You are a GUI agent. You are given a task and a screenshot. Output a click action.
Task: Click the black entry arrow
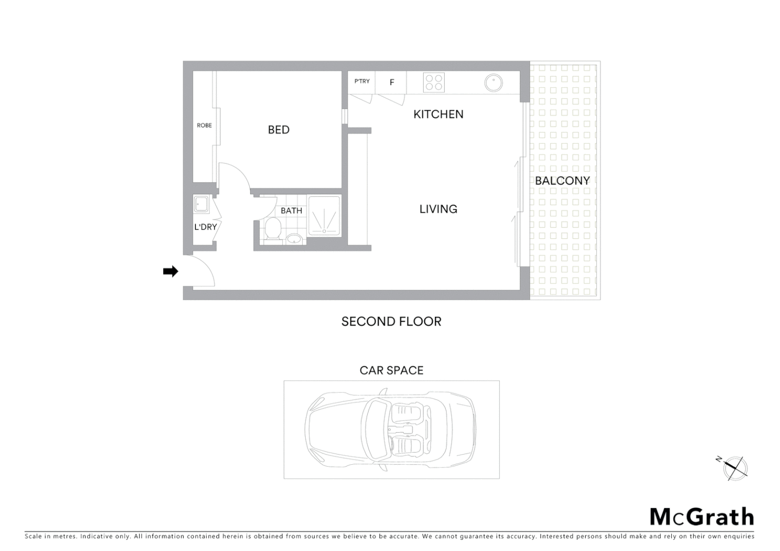170,271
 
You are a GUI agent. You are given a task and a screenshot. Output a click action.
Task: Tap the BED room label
279,130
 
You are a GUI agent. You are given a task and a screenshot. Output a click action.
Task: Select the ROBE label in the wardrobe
204,126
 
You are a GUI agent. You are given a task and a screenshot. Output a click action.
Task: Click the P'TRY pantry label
362,82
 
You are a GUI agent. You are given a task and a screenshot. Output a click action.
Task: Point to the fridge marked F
392,82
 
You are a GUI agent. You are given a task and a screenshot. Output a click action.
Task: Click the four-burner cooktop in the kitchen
433,83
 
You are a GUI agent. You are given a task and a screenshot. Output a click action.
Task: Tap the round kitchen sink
493,83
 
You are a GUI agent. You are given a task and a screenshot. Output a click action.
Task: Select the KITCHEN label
438,114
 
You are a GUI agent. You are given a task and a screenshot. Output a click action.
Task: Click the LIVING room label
438,209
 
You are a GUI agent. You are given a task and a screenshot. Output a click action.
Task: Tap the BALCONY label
562,181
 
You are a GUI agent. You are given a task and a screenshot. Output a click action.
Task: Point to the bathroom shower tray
324,216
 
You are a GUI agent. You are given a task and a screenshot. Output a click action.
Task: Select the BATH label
291,211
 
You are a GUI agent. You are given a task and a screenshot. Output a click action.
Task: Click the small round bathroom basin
294,238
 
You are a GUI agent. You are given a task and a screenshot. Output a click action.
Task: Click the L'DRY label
205,227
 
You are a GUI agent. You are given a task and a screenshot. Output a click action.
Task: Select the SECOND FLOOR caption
391,321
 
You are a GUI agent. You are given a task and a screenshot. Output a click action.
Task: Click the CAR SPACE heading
392,370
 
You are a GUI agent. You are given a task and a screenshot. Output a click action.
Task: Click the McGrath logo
701,517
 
